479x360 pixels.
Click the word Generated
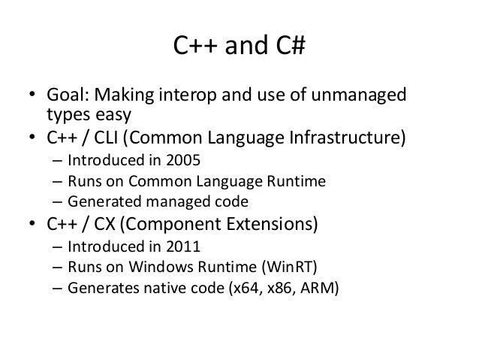101,202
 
